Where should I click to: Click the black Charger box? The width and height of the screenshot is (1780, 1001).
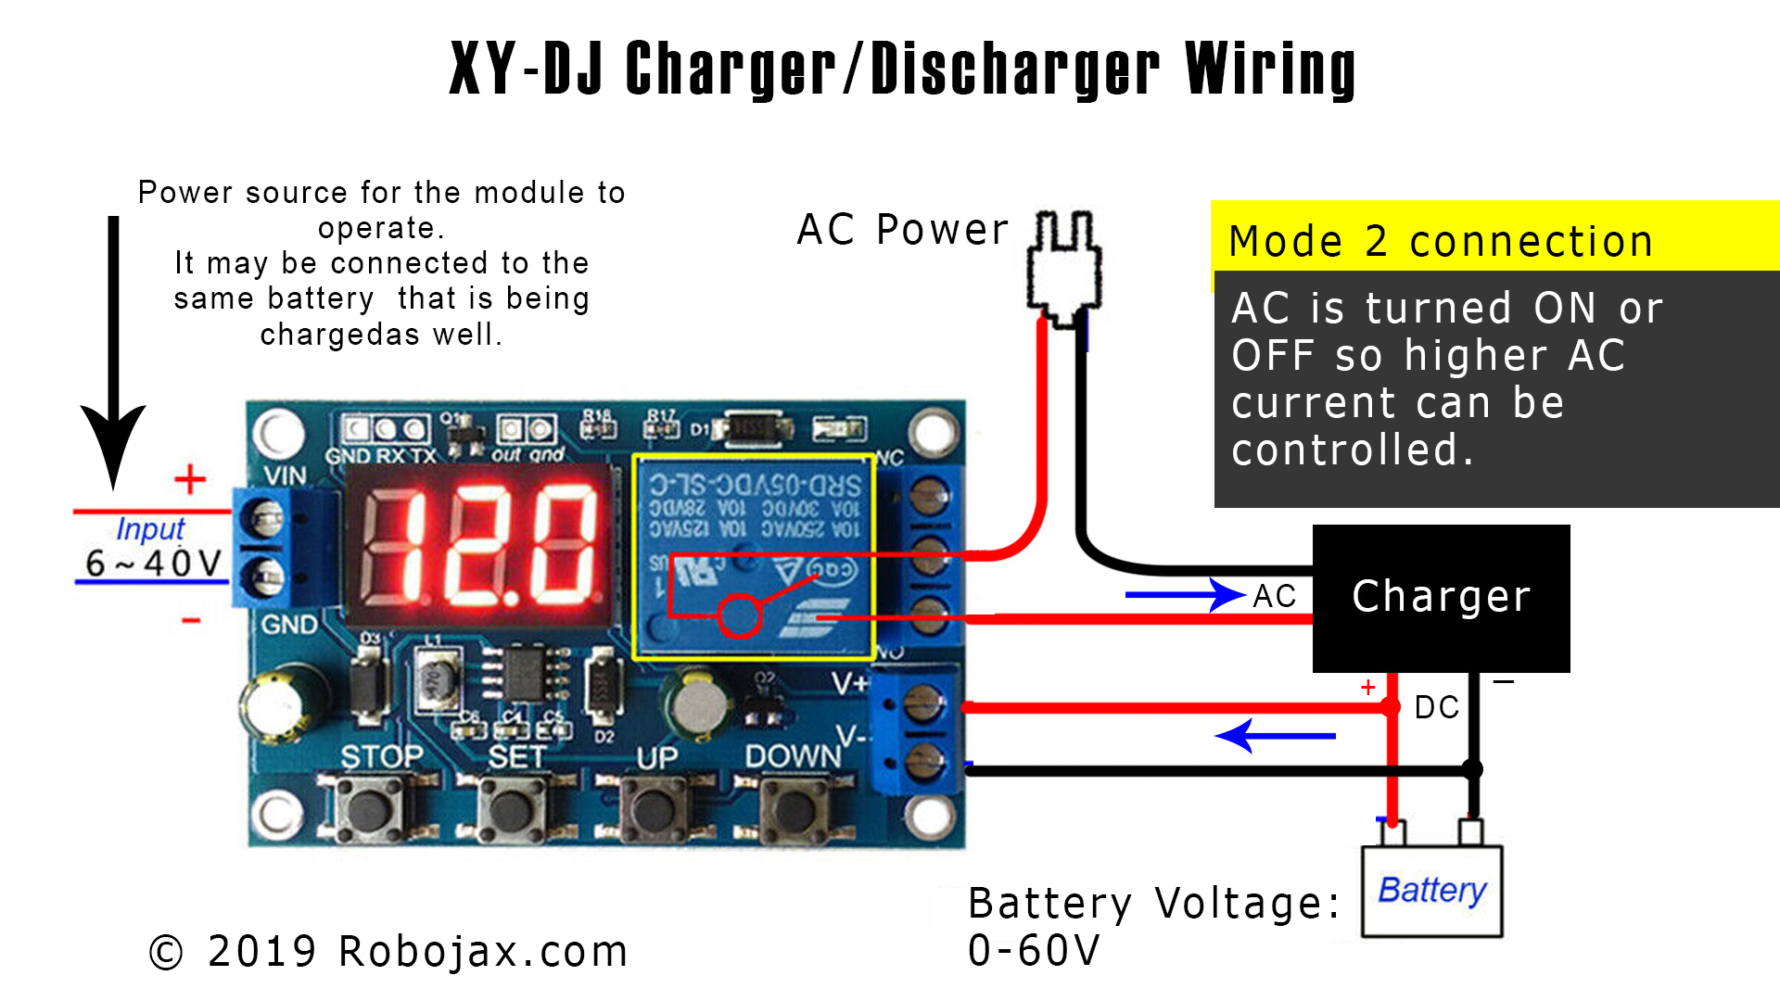(x=1441, y=598)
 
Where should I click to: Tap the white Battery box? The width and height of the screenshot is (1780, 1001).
(x=1431, y=891)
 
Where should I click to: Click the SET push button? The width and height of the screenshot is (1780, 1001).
(x=512, y=808)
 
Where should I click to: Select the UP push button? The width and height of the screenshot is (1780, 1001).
(x=655, y=808)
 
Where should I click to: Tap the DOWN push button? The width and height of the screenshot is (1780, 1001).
(x=795, y=808)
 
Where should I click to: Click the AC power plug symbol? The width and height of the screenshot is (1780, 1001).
(x=1064, y=264)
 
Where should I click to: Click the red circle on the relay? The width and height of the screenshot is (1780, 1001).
(x=740, y=615)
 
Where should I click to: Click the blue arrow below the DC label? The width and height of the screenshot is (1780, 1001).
(x=1275, y=736)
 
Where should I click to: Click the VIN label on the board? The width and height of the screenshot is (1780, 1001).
(x=285, y=475)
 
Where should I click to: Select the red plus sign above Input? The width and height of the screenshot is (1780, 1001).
(x=190, y=479)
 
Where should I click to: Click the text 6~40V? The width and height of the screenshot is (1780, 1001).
(x=153, y=563)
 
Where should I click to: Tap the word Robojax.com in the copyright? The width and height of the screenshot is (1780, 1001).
(x=483, y=952)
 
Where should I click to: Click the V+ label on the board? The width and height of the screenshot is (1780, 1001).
(x=849, y=684)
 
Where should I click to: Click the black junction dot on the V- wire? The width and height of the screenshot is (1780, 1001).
(x=1471, y=769)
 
